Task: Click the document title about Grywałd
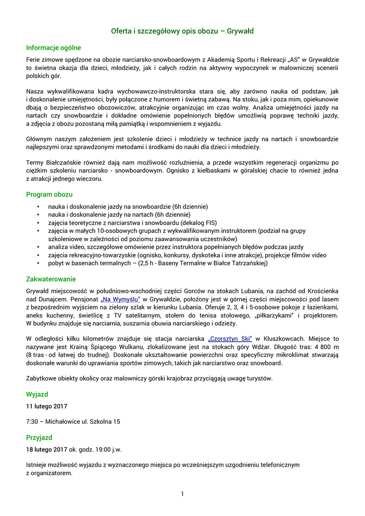[x=182, y=31]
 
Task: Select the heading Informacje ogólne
[x=53, y=48]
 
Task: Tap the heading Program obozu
[x=49, y=194]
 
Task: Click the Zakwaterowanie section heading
[x=51, y=279]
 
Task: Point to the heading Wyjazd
[x=37, y=394]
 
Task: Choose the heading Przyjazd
[x=39, y=437]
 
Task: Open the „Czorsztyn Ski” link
[x=230, y=339]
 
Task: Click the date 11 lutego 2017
[x=47, y=406]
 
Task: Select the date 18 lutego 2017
[x=47, y=449]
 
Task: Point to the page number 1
[x=182, y=493]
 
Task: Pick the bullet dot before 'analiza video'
[x=38, y=247]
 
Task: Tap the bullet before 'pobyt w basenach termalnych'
[x=38, y=263]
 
